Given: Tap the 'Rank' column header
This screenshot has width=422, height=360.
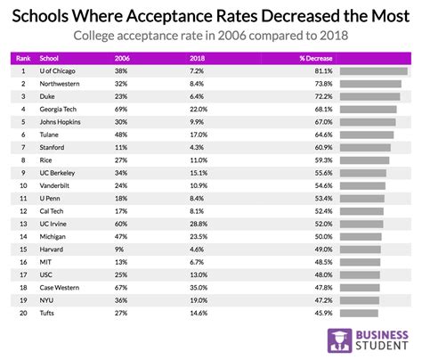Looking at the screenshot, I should (23, 57).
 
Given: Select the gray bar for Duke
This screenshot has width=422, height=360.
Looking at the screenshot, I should (369, 96).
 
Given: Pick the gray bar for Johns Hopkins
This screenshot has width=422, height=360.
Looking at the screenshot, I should (368, 122).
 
